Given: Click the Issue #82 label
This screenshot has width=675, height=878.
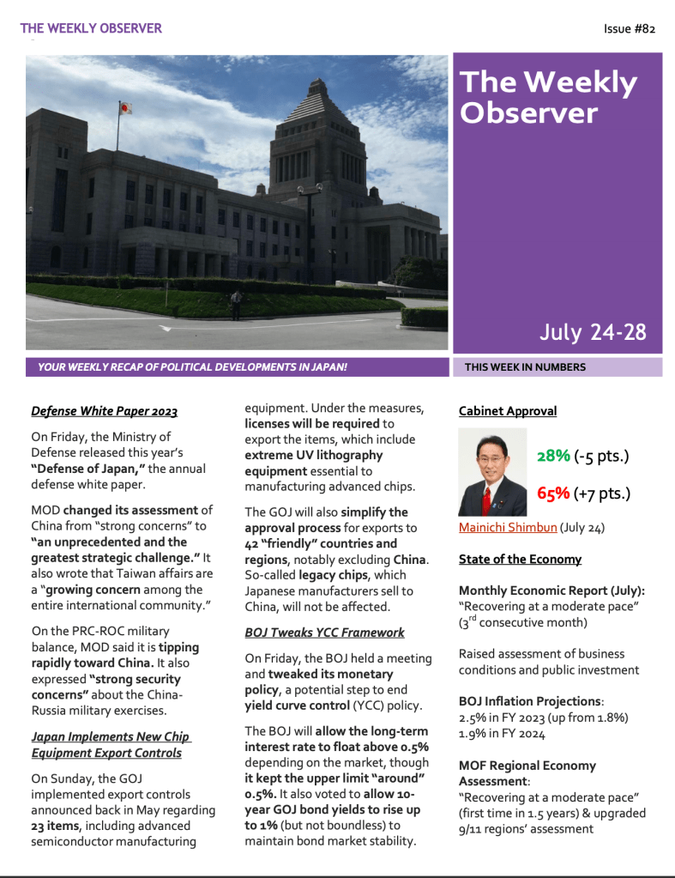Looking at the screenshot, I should pyautogui.click(x=630, y=29).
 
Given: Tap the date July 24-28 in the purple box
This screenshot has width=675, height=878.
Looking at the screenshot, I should pyautogui.click(x=593, y=332).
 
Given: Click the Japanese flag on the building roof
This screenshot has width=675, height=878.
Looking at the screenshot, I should pyautogui.click(x=125, y=109).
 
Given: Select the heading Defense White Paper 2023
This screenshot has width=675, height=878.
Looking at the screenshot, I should pyautogui.click(x=104, y=411).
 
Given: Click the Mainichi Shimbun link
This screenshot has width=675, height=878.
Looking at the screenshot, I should pyautogui.click(x=496, y=527).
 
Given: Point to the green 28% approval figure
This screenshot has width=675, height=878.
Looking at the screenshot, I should pyautogui.click(x=553, y=456).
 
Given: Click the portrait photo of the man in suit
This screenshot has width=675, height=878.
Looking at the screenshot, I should pyautogui.click(x=492, y=472).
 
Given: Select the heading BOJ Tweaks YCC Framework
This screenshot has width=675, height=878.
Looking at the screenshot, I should pyautogui.click(x=324, y=633).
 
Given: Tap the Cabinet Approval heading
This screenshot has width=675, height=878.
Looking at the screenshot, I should pyautogui.click(x=508, y=411).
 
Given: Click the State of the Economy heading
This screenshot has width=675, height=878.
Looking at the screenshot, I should pyautogui.click(x=520, y=559).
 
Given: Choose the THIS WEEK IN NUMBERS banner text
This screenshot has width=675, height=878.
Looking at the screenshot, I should pyautogui.click(x=525, y=367).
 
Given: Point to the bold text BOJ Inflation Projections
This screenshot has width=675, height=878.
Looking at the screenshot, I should pyautogui.click(x=528, y=700).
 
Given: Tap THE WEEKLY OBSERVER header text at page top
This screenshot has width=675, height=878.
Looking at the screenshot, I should pyautogui.click(x=91, y=28).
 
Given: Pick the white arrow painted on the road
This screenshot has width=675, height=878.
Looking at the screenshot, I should pyautogui.click(x=166, y=328).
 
